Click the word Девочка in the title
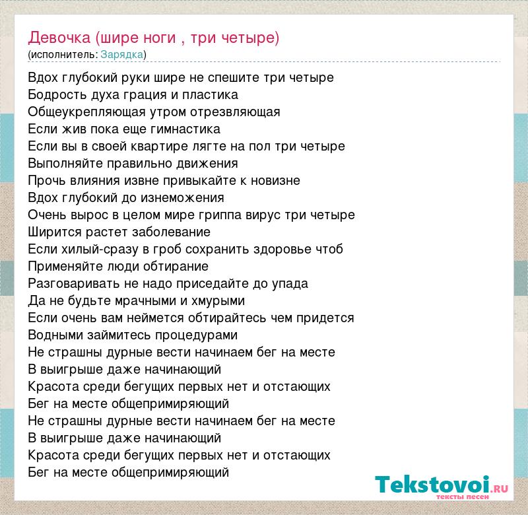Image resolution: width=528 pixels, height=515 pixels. pos(59,38)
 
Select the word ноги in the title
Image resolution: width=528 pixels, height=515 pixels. pos(160,38)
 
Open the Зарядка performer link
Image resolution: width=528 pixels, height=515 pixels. pos(122,55)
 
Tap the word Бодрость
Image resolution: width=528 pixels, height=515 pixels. pos(57,95)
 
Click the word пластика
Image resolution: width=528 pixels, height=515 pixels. pos(210,95)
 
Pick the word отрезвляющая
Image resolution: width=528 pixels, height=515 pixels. pos(235,112)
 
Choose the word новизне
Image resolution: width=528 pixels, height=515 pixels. pos(275,181)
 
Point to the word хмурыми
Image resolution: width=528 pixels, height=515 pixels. pos(218,301)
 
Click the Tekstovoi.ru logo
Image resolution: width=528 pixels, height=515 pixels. pos(442,487)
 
